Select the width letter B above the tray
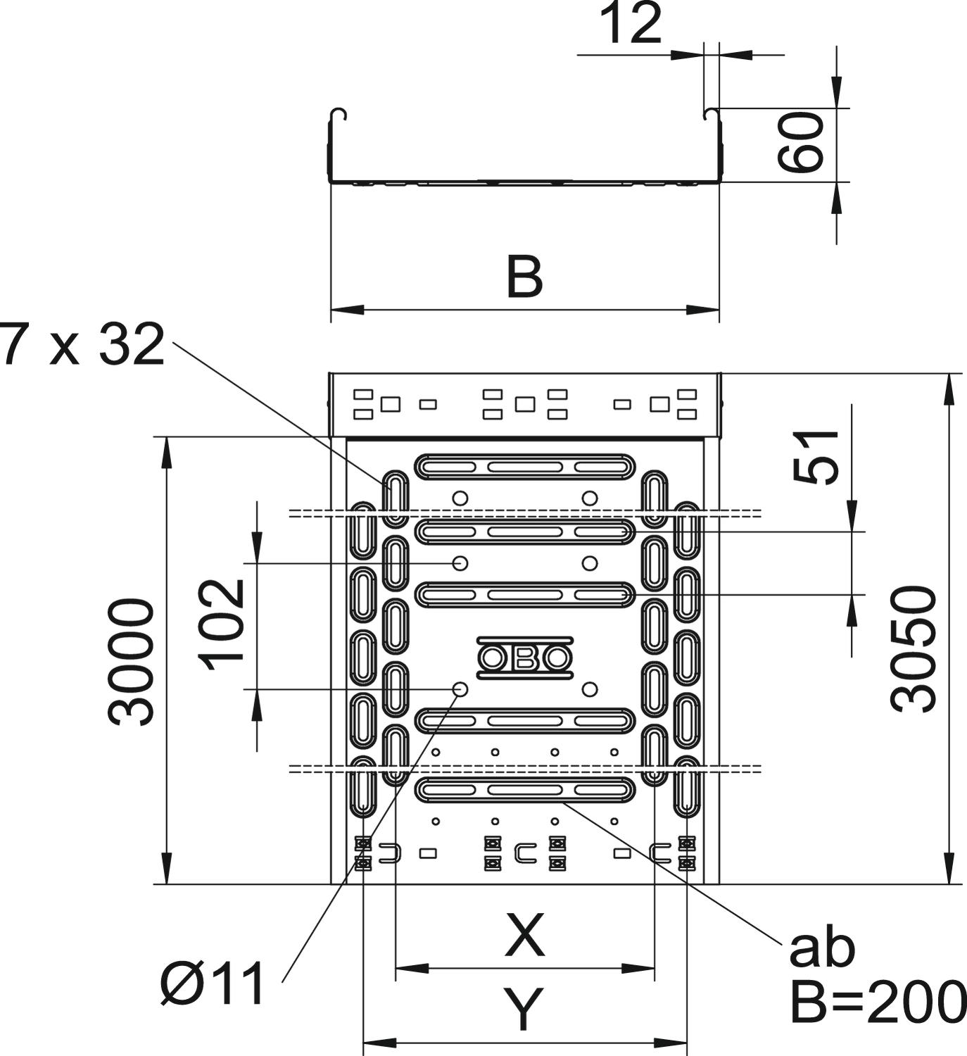(x=525, y=277)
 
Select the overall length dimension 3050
(x=914, y=649)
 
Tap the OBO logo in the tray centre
(x=525, y=658)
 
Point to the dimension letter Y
(x=525, y=1009)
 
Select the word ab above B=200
(x=821, y=948)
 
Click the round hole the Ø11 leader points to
(x=460, y=689)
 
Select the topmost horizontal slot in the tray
(x=525, y=467)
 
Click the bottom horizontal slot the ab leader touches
(x=525, y=789)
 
